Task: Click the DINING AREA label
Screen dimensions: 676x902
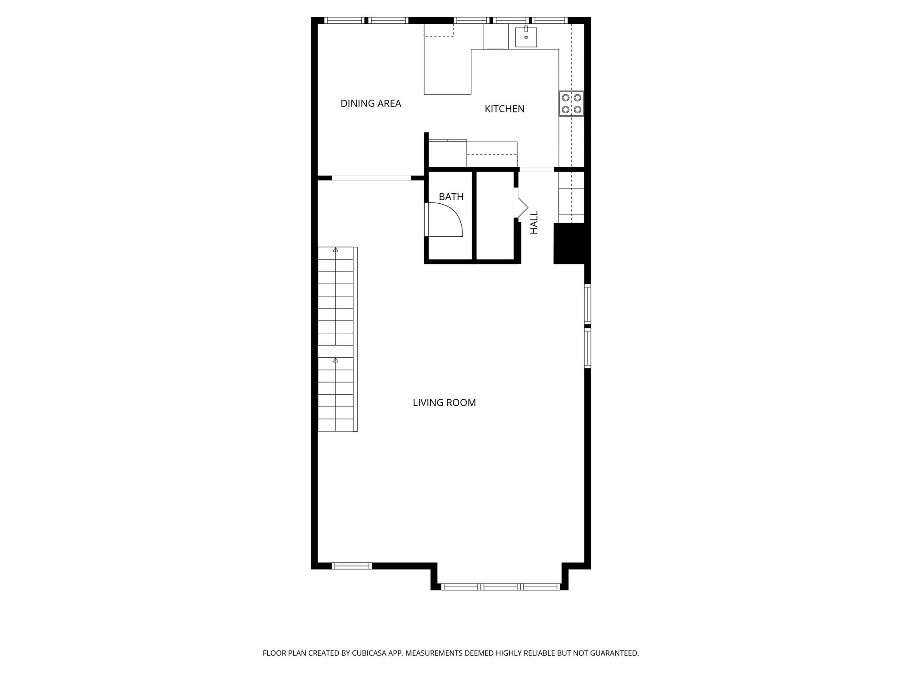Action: (370, 103)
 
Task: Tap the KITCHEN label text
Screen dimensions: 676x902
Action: (504, 109)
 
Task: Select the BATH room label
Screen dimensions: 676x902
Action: (451, 197)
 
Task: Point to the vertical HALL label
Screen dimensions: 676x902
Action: (534, 222)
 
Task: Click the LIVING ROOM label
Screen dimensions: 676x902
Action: (444, 403)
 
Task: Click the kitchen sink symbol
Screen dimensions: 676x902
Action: (526, 37)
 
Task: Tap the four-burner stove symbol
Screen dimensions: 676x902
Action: (571, 103)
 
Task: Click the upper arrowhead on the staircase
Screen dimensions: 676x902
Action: (336, 250)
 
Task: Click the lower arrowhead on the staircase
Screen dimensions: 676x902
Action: (336, 360)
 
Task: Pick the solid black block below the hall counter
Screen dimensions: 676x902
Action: (569, 243)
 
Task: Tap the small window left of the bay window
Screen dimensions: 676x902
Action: (351, 566)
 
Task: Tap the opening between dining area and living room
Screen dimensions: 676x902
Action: (371, 178)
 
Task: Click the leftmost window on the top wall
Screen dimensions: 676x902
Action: (344, 20)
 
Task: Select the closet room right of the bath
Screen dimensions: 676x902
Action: (495, 216)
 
